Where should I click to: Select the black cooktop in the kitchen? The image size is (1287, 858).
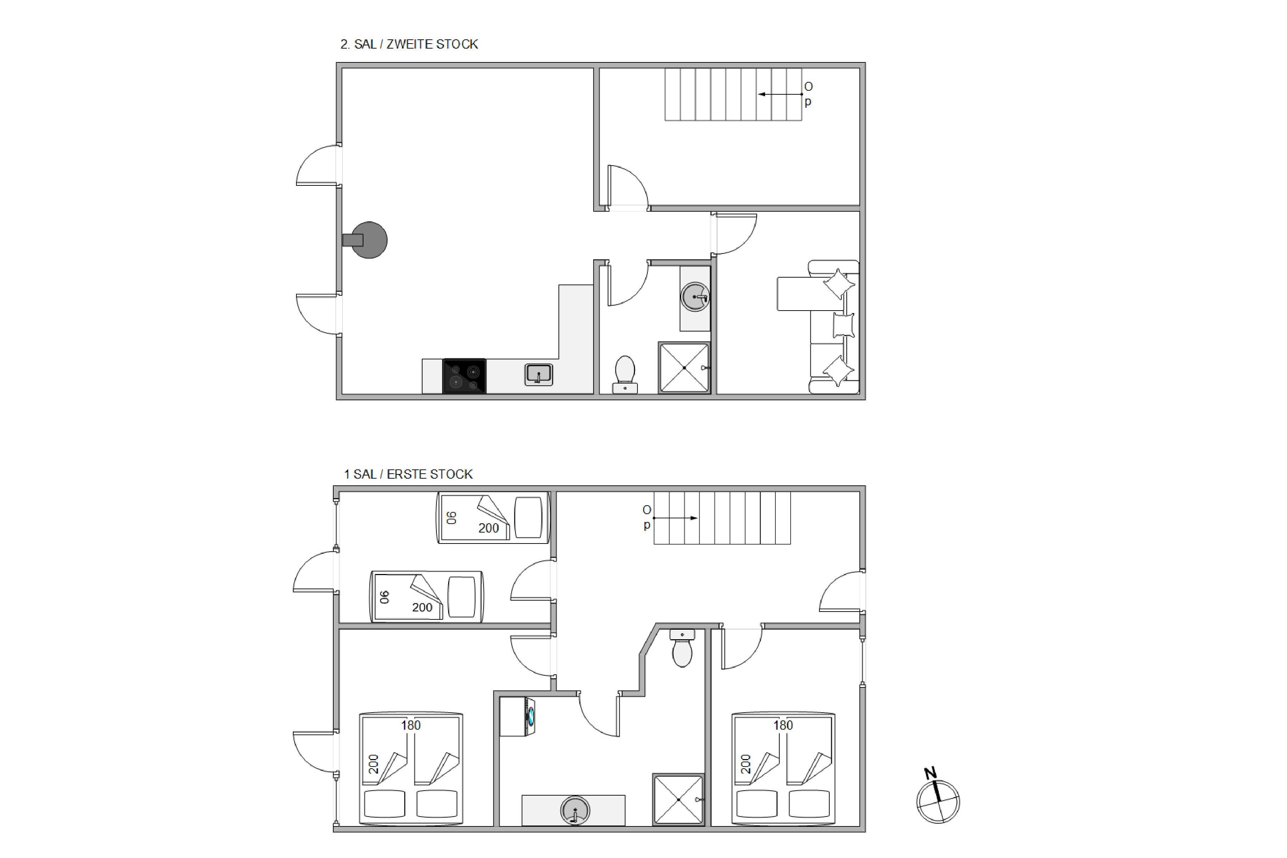point(464,376)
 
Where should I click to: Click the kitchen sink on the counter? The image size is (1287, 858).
point(539,375)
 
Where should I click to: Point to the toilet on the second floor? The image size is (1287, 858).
point(625,375)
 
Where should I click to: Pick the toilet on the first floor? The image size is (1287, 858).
point(682,648)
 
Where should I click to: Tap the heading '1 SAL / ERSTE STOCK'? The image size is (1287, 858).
point(408,474)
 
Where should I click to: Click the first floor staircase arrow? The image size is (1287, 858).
point(675,518)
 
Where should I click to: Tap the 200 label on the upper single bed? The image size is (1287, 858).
point(489,528)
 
